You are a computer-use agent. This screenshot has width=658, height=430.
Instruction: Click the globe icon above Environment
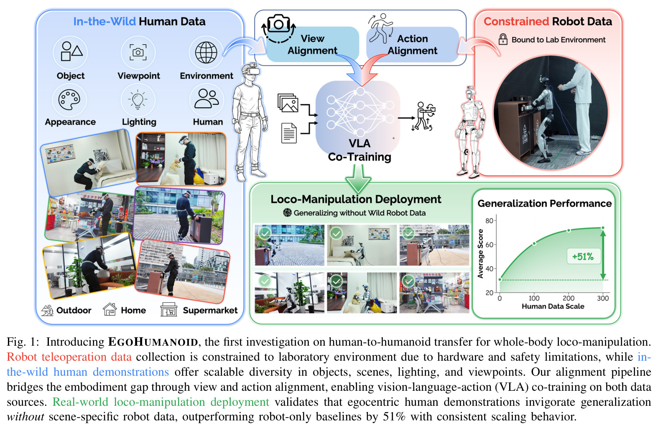click(x=206, y=53)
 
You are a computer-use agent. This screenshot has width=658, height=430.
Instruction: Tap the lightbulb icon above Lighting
click(x=138, y=100)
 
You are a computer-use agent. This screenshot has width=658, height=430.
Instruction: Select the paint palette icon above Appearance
click(x=69, y=100)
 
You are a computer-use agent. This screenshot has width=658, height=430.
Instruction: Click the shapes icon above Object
click(x=71, y=51)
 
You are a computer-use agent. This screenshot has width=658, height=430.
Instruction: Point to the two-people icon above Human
click(x=207, y=99)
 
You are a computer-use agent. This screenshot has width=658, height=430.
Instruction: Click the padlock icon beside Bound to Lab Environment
click(x=503, y=39)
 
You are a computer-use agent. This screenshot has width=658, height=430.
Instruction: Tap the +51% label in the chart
click(x=583, y=257)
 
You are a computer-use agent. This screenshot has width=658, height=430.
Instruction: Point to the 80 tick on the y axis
click(x=489, y=220)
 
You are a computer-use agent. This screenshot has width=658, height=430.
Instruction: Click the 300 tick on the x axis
click(x=603, y=298)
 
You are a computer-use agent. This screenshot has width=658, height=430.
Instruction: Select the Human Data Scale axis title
click(x=553, y=306)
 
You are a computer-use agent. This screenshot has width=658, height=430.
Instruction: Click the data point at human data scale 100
click(x=534, y=243)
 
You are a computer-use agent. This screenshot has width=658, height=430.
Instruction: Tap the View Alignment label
click(x=313, y=45)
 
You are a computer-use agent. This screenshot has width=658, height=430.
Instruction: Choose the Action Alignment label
click(x=413, y=45)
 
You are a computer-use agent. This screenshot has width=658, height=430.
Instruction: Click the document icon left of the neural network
click(x=289, y=133)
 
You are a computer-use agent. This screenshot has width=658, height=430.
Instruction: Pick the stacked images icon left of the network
click(x=288, y=103)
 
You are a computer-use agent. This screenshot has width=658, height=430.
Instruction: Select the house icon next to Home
click(x=110, y=309)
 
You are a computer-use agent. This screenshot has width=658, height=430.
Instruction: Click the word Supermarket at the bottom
click(x=210, y=310)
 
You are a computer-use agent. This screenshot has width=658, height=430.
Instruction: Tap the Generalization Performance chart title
click(x=545, y=203)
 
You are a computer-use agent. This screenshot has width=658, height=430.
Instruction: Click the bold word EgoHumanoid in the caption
click(x=153, y=342)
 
